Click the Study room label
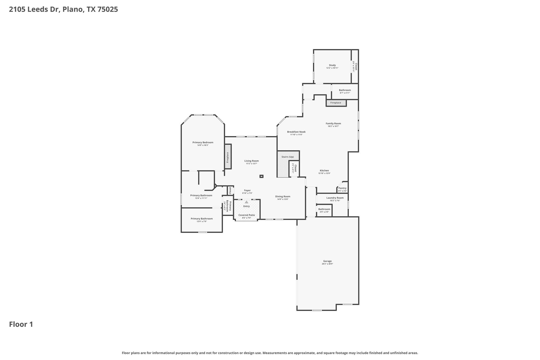click(x=332, y=65)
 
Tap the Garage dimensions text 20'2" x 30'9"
click(x=327, y=264)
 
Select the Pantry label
click(x=342, y=188)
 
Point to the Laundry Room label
click(x=335, y=198)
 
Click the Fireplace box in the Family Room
click(x=336, y=103)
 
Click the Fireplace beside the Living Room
click(x=228, y=157)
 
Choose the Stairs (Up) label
click(x=287, y=157)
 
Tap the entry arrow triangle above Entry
click(x=247, y=202)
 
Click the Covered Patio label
click(x=247, y=215)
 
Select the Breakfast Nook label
click(x=296, y=132)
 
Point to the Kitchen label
click(x=324, y=171)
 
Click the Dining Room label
click(x=283, y=196)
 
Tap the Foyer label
click(x=247, y=190)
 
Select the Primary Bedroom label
click(x=203, y=142)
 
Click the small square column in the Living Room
click(x=261, y=176)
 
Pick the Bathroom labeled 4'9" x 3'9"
click(x=324, y=209)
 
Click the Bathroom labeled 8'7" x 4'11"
click(x=345, y=90)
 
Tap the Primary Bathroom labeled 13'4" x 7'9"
click(x=202, y=219)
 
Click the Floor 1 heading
click(x=21, y=324)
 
